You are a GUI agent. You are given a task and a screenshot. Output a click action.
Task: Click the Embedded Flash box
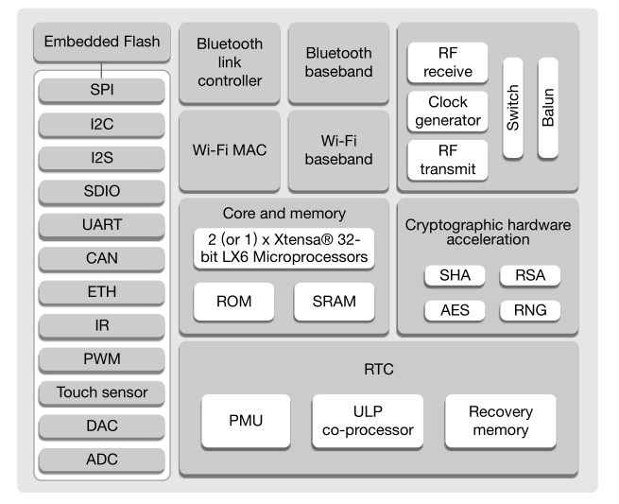click(x=102, y=42)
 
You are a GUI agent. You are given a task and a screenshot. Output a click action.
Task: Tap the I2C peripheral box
click(x=102, y=122)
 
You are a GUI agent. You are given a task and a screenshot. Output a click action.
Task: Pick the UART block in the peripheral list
click(x=102, y=225)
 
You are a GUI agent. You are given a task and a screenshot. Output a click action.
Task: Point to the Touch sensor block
click(x=102, y=391)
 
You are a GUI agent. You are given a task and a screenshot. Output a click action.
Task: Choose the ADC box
click(x=102, y=460)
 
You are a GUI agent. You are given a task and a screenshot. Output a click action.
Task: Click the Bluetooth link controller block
click(x=230, y=62)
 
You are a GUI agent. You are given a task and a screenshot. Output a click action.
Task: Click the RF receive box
click(x=447, y=63)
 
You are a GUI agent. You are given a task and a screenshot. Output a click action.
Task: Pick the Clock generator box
click(x=447, y=112)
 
